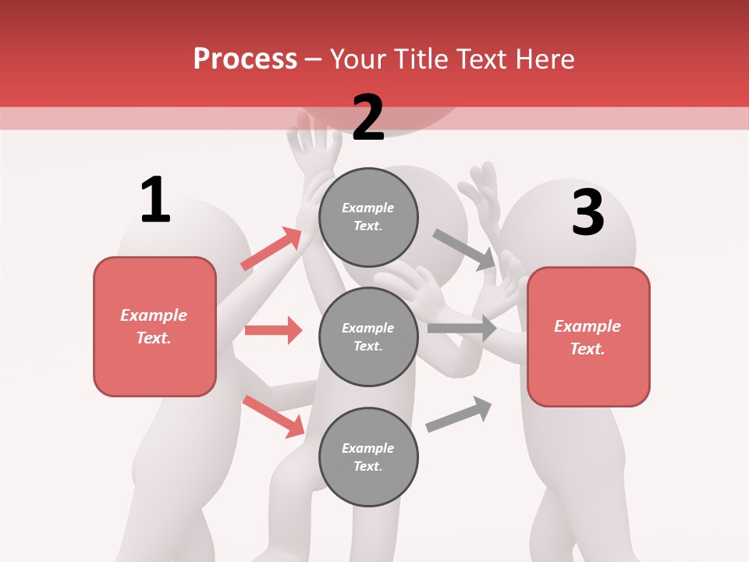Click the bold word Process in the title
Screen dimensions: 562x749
click(x=245, y=59)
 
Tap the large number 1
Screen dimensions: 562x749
click(x=155, y=200)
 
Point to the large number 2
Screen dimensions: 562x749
click(x=368, y=119)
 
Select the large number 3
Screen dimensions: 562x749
click(x=588, y=213)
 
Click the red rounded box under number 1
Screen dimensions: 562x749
click(x=154, y=326)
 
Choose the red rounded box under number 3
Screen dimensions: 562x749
click(x=588, y=336)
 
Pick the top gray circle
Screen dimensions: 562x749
click(x=368, y=217)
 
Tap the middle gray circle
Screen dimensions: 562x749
click(x=368, y=336)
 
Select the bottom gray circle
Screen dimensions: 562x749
click(x=368, y=457)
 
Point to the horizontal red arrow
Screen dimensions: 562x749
click(x=273, y=330)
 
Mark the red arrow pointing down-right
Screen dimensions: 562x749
click(x=273, y=416)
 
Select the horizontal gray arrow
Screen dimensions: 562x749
click(x=462, y=328)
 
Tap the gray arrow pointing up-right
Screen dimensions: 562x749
click(x=459, y=414)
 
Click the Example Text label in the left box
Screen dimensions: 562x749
click(x=154, y=326)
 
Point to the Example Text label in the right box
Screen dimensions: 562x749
click(x=588, y=337)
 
